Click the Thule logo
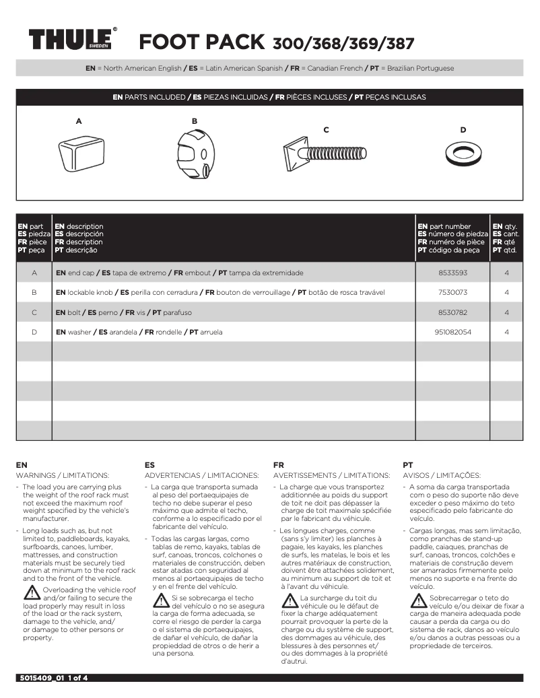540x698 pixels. click(x=71, y=40)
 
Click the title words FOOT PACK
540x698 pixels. click(x=201, y=42)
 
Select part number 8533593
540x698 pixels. click(x=452, y=273)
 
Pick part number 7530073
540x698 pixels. click(x=452, y=293)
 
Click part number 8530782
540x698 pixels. click(x=452, y=312)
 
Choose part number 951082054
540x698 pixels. click(x=452, y=333)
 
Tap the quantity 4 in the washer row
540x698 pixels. click(x=506, y=333)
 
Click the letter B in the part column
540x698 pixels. click(x=34, y=293)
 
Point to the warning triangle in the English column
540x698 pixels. click(x=32, y=593)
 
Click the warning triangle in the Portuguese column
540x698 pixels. click(x=417, y=600)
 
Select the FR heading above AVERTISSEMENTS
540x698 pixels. click(x=279, y=465)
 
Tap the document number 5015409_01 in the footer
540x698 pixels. click(x=41, y=678)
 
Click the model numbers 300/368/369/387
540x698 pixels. click(x=343, y=44)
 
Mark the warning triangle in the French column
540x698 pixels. click(x=290, y=600)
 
